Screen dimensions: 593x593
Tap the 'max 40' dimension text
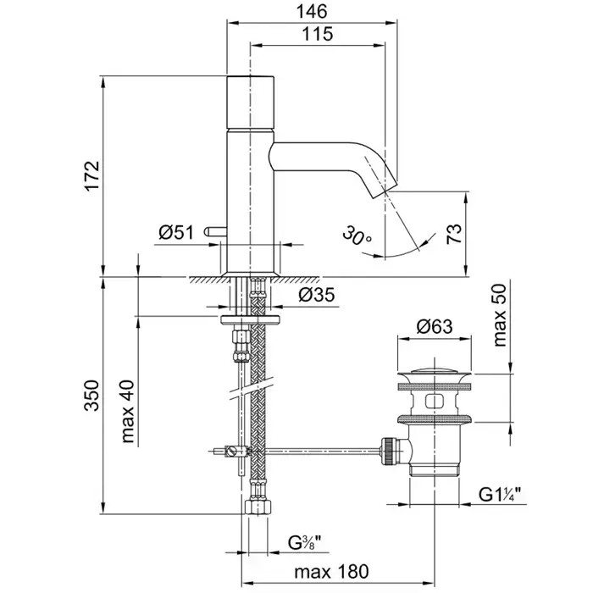point(127,413)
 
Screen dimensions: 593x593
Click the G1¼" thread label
point(503,491)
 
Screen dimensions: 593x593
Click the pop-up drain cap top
point(435,369)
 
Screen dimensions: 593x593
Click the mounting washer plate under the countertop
point(252,319)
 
